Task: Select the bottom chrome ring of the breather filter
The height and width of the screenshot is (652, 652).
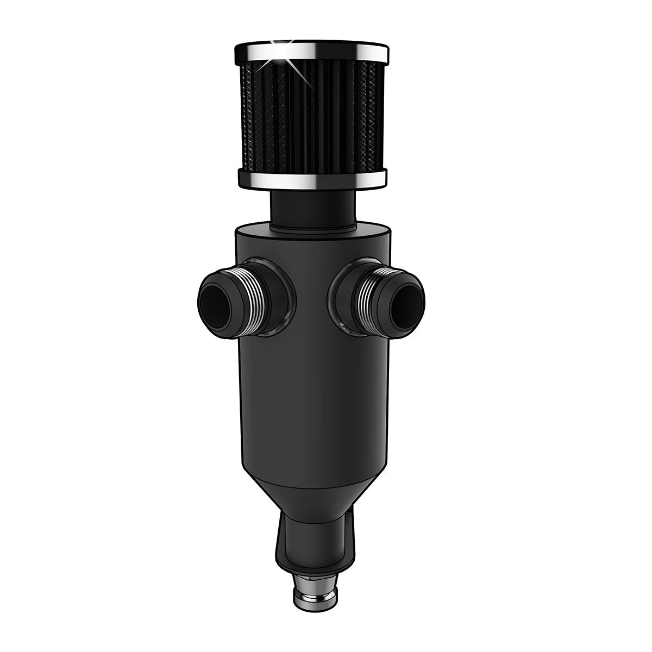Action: coord(312,178)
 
